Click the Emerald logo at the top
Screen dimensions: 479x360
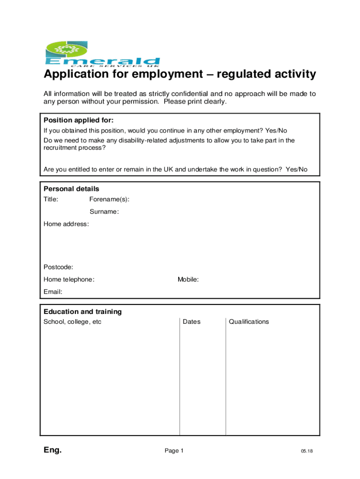101,55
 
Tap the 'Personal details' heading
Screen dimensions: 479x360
71,189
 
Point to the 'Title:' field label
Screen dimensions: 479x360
51,200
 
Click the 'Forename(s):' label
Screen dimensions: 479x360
109,200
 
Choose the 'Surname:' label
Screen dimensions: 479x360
104,212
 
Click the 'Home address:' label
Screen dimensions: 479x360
66,224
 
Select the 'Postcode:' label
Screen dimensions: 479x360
58,267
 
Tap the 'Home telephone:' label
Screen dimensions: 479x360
69,280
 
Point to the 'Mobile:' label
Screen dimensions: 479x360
188,280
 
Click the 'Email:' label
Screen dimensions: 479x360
53,292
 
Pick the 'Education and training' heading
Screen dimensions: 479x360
82,312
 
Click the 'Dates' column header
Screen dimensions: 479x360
191,322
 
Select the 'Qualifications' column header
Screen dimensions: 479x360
249,322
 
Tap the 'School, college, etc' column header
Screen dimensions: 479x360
72,322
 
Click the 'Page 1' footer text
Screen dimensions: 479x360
174,451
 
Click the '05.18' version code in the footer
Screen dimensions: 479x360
307,451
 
